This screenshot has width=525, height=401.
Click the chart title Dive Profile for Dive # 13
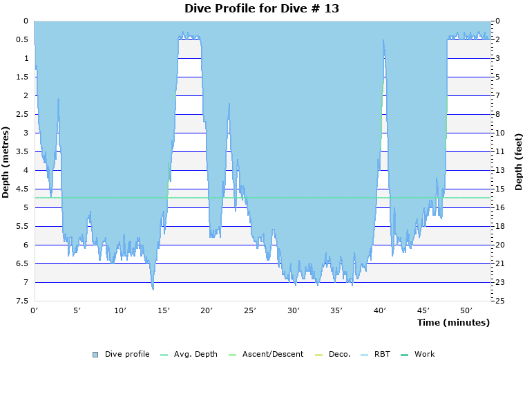tap(262, 8)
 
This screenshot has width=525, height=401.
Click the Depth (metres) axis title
tap(6, 162)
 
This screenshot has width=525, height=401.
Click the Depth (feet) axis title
tap(519, 162)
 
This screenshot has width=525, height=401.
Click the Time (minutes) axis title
tap(453, 323)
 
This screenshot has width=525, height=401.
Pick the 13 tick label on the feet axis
tap(499, 170)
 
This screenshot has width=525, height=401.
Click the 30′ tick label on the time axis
tap(294, 310)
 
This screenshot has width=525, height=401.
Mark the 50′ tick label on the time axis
tap(466, 310)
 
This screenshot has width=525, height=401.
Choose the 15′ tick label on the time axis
tap(164, 310)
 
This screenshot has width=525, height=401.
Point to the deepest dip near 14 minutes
tap(153, 288)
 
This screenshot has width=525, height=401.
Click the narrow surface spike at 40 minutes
tap(383, 41)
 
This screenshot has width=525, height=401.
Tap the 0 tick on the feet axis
tap(497, 21)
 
